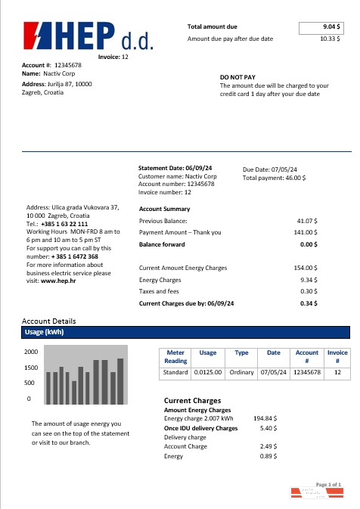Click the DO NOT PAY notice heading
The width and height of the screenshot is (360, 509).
[x=238, y=77]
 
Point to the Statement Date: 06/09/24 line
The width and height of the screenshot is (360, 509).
[x=176, y=168]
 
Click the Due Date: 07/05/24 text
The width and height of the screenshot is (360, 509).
[x=270, y=169]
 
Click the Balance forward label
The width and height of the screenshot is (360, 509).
[x=162, y=245]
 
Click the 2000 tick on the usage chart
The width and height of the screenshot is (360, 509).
[x=31, y=352]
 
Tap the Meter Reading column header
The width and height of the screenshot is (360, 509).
[x=175, y=357]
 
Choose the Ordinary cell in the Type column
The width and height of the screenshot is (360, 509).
[x=242, y=373]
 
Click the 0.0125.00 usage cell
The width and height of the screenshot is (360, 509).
[x=207, y=373]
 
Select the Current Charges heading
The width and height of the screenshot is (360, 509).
[x=192, y=400]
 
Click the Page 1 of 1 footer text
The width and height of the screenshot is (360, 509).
[x=329, y=483]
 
